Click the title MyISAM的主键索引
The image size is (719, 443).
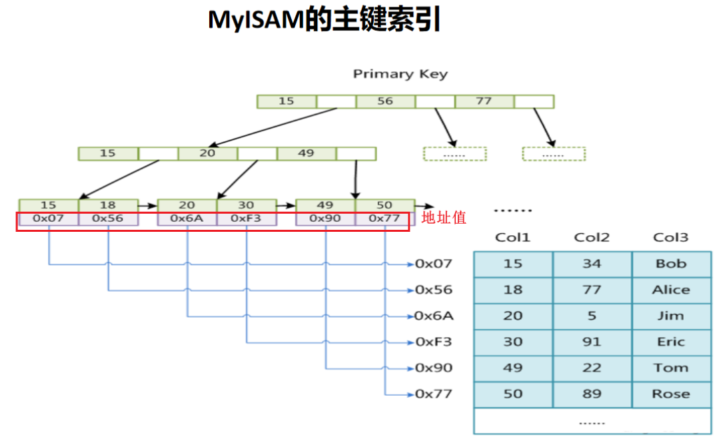325,21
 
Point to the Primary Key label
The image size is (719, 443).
400,75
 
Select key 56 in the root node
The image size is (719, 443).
385,101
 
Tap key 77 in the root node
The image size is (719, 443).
484,101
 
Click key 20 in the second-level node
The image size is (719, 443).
207,153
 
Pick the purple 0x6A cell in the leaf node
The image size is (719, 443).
187,219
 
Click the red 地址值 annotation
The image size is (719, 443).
444,217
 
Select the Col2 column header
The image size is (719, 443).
592,237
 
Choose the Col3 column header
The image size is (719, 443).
670,237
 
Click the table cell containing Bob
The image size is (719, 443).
671,264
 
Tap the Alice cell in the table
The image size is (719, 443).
671,290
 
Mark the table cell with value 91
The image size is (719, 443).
592,342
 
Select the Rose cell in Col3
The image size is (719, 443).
671,394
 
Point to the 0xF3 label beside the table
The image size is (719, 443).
433,342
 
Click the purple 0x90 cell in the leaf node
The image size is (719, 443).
325,219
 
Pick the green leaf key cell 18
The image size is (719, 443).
108,205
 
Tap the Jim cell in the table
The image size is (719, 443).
671,316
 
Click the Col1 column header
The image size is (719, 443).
512,237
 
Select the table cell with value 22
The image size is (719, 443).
592,368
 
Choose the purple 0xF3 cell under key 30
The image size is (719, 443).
247,219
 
